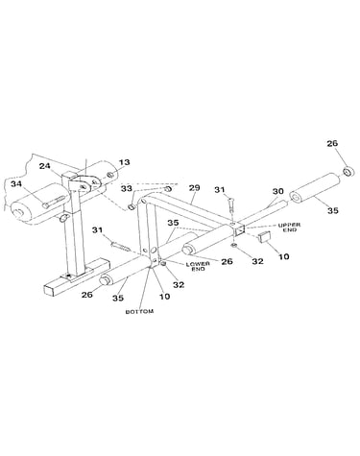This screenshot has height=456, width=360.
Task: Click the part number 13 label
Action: pos(125,162)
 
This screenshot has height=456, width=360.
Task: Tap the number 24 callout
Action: pos(45,166)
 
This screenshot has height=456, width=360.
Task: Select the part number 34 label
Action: pos(16,183)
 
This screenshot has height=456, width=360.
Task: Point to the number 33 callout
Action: pos(127,188)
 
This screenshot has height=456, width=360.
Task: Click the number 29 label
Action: pos(195,187)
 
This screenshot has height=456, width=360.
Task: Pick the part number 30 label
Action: pos(277,191)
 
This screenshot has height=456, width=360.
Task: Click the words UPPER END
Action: pos(289,228)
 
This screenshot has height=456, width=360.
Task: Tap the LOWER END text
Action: pos(198,266)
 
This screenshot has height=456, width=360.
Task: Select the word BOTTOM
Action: pos(139,311)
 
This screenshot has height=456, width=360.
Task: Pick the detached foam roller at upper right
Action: pos(314,188)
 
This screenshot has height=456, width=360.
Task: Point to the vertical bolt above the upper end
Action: pos(232,207)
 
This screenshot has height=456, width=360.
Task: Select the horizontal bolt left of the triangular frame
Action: pos(120,247)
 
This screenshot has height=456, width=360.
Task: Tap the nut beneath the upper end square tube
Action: pos(234,246)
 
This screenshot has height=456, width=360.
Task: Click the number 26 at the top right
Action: pos(332,143)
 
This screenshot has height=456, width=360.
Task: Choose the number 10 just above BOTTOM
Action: pos(165,297)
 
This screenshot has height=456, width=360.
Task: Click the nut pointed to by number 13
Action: pos(109,176)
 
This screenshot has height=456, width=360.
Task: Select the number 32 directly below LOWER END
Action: pos(179,284)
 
